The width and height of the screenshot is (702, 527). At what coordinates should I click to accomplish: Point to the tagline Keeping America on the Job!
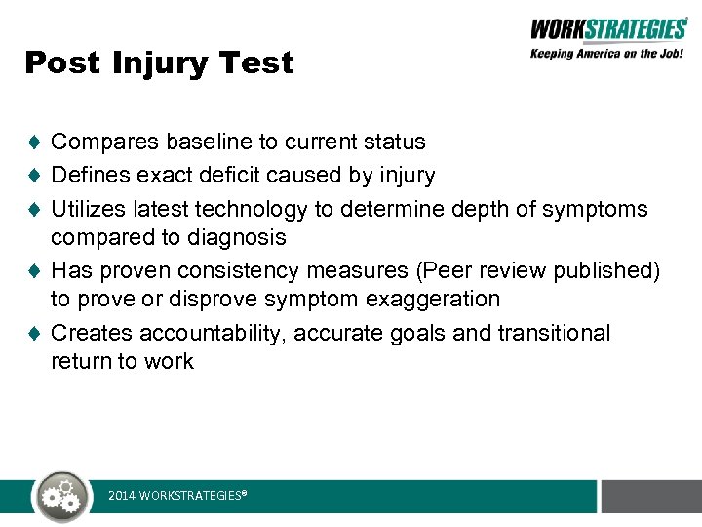coord(606,54)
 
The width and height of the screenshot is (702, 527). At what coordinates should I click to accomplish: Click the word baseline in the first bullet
coord(206,142)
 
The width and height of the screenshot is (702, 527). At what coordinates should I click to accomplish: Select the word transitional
coord(554,333)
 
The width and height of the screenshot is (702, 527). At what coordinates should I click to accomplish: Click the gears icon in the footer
coord(62,497)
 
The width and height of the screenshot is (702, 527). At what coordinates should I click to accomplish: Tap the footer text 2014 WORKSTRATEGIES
coord(176,497)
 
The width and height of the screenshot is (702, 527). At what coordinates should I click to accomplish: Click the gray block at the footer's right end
coord(651,496)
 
